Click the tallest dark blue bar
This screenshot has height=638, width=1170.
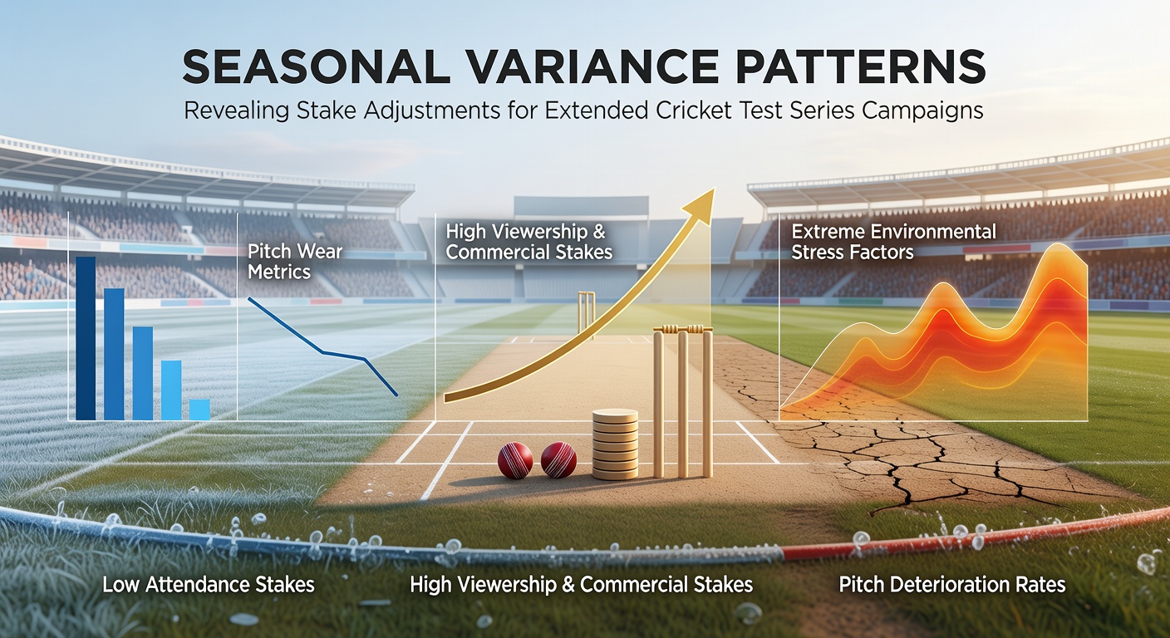point(86,338)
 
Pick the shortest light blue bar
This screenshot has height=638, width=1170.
point(199,410)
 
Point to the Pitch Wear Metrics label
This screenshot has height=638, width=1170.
point(295,262)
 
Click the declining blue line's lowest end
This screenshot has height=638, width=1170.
point(397,395)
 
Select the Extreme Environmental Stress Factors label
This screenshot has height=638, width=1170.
point(893,242)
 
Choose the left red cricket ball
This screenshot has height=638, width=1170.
point(515,460)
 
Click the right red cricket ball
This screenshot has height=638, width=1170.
point(558,460)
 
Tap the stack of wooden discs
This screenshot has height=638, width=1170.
point(615,444)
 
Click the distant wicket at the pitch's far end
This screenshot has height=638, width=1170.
point(586,315)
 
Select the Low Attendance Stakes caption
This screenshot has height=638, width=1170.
point(209,585)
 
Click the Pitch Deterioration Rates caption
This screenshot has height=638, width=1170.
point(952,585)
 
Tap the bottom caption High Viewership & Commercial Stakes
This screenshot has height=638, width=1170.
point(582,585)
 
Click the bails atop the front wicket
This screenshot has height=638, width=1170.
point(683,329)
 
